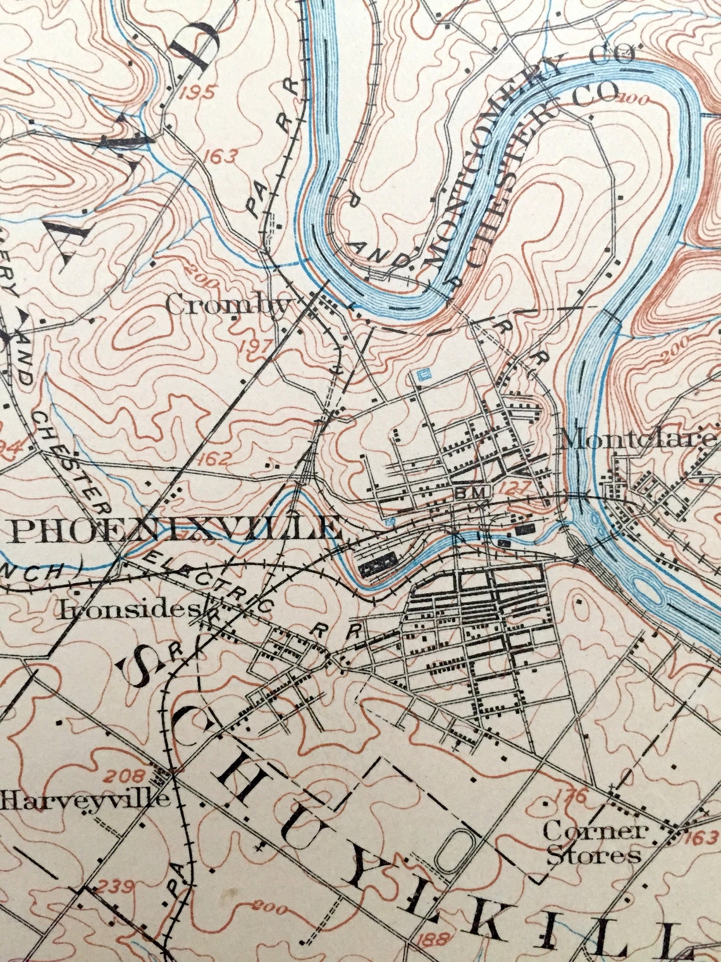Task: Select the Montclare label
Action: tap(639, 439)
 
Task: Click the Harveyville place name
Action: tap(85, 799)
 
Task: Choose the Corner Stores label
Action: tap(593, 842)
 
